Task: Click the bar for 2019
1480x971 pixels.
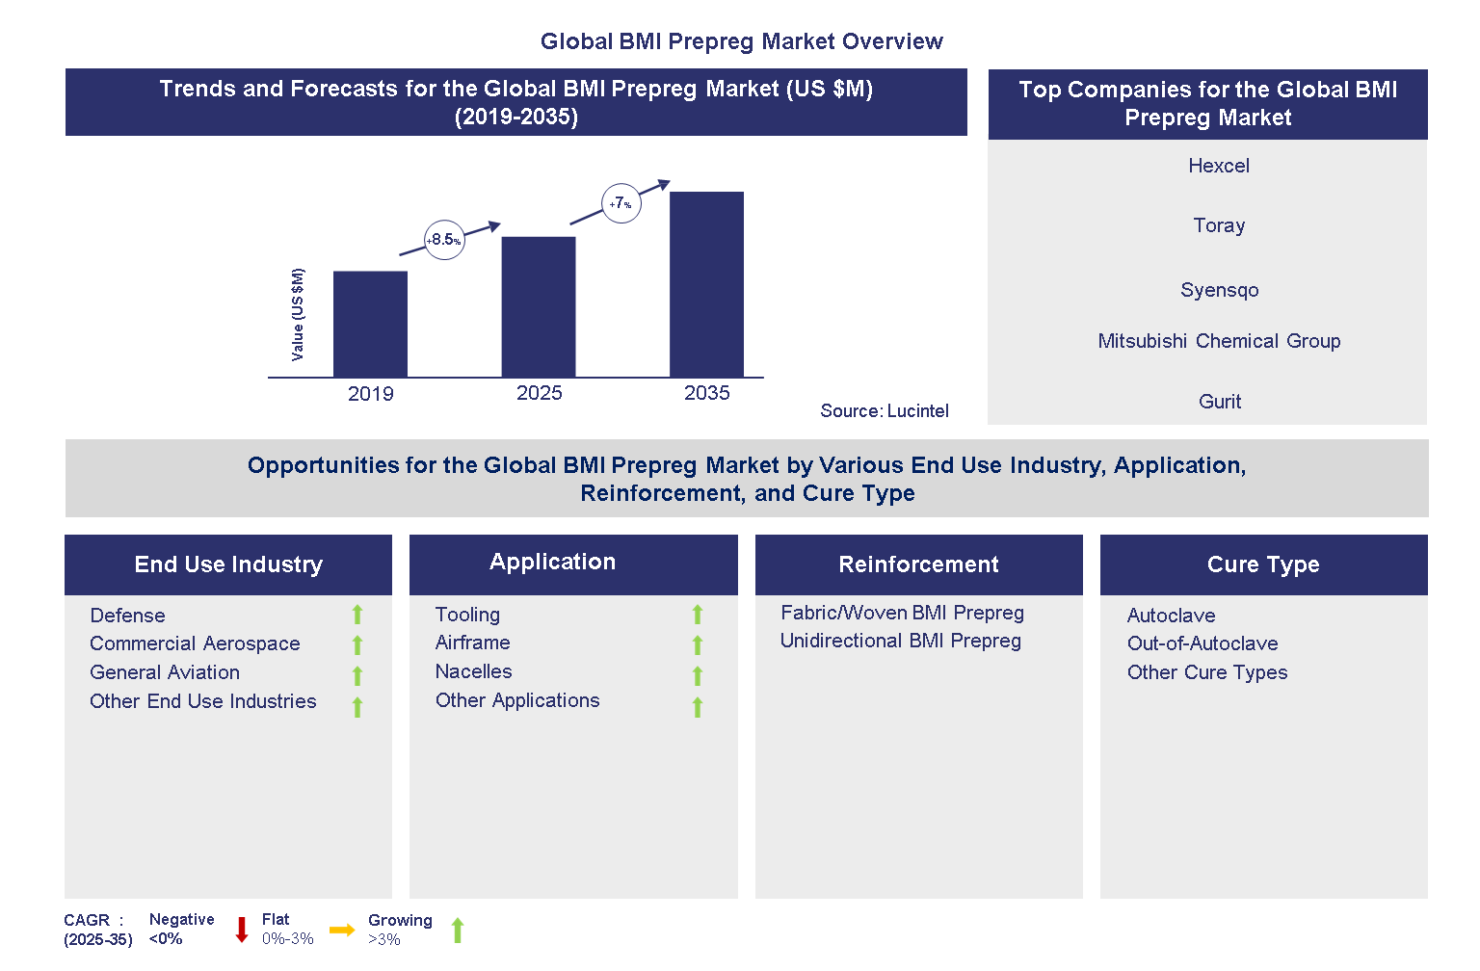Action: pos(370,324)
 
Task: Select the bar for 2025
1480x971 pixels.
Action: pos(539,306)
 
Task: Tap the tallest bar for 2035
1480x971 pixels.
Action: pos(706,284)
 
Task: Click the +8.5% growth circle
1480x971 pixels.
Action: pos(444,240)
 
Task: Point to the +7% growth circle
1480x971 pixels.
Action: pos(621,203)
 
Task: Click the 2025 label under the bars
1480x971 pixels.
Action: pos(539,393)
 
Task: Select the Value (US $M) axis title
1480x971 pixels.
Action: pos(298,315)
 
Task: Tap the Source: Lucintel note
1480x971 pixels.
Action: pos(884,411)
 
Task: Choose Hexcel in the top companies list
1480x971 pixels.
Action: pos(1218,166)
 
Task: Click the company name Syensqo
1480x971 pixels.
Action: pos(1219,290)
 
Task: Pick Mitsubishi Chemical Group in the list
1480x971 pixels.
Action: pos(1219,341)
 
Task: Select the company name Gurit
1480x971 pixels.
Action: pos(1219,402)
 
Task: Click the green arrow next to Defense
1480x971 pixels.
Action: pos(357,615)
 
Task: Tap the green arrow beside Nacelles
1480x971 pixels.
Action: pos(698,675)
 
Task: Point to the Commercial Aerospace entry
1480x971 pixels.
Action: pos(195,643)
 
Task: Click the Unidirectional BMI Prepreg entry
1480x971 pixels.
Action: pos(900,641)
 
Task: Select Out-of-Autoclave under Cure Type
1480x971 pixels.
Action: pos(1202,643)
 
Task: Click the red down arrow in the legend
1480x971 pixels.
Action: pos(242,930)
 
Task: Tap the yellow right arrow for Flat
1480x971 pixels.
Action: pos(341,930)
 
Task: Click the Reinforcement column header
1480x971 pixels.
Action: pos(918,564)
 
